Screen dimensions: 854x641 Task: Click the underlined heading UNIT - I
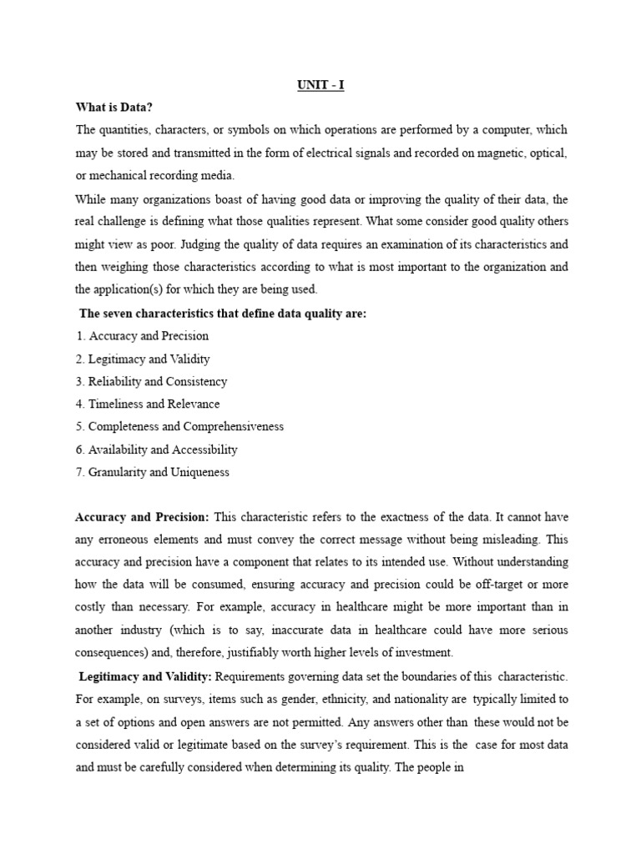click(320, 86)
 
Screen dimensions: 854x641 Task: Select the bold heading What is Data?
click(114, 108)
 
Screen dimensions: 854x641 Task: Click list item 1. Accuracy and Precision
click(142, 336)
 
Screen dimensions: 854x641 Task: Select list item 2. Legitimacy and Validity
click(143, 359)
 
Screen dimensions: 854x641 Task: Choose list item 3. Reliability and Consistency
click(151, 381)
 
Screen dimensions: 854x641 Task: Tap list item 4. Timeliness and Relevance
click(148, 404)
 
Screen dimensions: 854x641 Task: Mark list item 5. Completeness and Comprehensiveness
click(179, 426)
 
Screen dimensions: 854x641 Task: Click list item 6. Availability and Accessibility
click(156, 449)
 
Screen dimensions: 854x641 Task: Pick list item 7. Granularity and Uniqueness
click(152, 471)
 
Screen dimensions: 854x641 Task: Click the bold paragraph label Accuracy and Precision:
click(143, 517)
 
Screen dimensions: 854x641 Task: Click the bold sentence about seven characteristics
click(223, 314)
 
